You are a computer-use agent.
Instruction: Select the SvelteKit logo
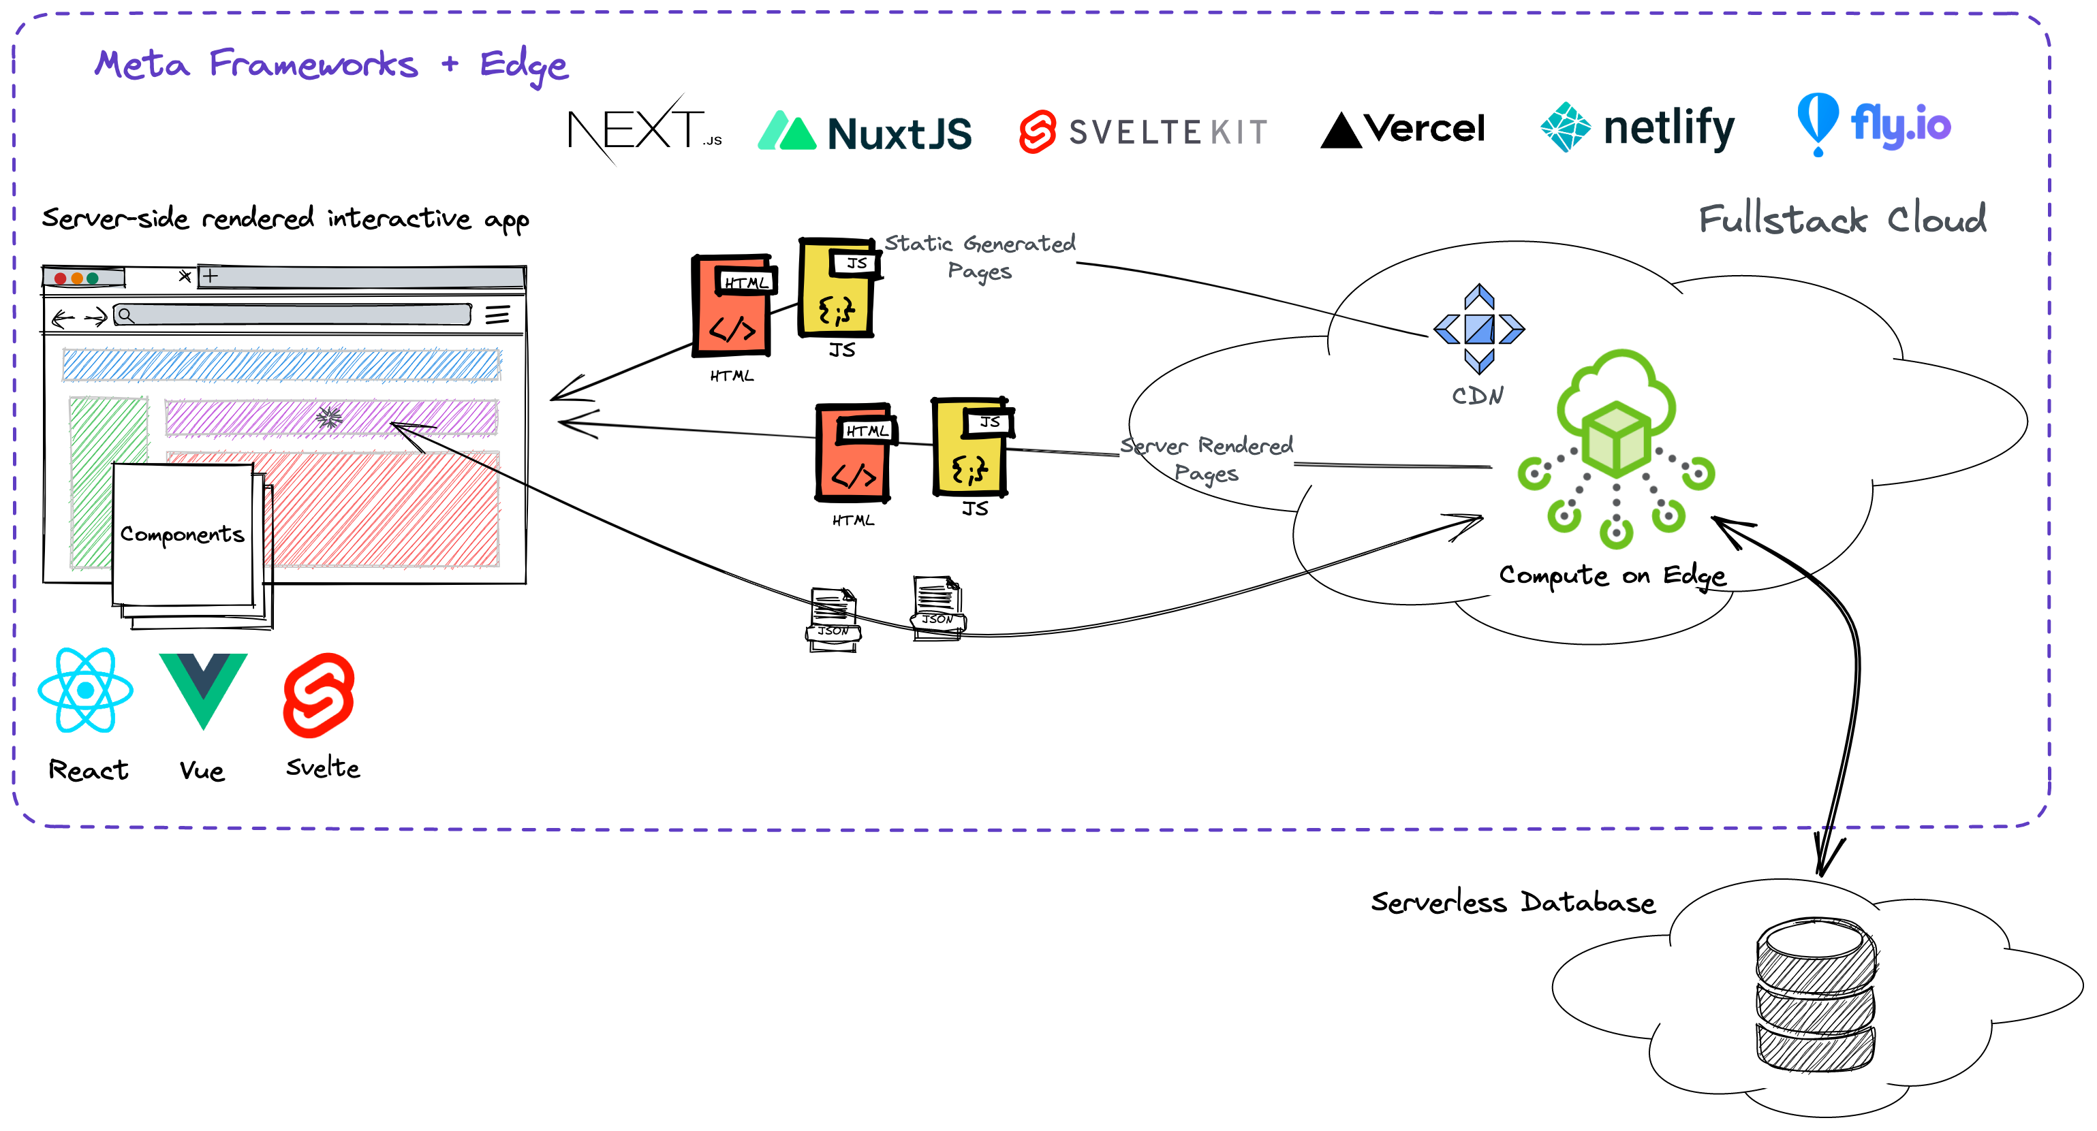tap(1143, 132)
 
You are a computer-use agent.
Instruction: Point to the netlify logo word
tap(1668, 129)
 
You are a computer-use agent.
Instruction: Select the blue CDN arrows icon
tap(1478, 329)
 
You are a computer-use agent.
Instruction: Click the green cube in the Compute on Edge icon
tap(1616, 440)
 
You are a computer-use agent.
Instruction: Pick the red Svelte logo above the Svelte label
tap(319, 696)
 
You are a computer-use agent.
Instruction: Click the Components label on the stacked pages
tap(183, 535)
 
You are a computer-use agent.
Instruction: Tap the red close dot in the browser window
tap(60, 278)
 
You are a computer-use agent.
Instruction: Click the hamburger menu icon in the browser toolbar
tap(497, 315)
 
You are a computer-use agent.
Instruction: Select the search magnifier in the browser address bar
tap(125, 315)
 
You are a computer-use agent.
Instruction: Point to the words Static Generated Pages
tap(980, 256)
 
